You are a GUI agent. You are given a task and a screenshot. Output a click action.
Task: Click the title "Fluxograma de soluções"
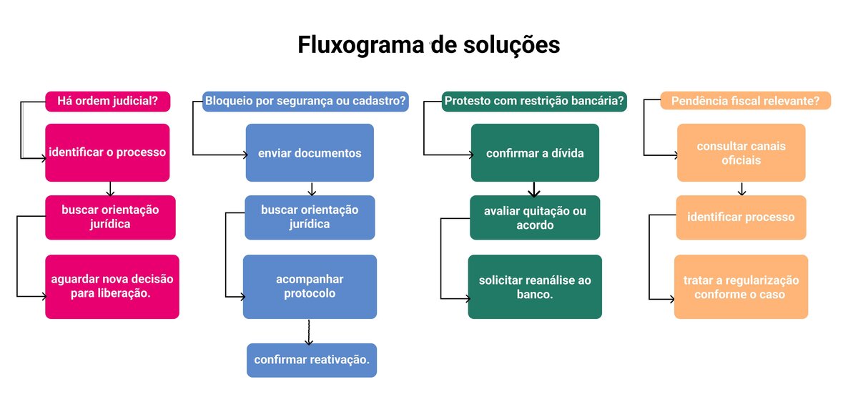pyautogui.click(x=429, y=45)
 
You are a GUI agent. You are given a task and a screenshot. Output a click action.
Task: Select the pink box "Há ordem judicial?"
pyautogui.click(x=108, y=102)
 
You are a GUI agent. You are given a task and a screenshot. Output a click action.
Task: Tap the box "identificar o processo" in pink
pyautogui.click(x=107, y=152)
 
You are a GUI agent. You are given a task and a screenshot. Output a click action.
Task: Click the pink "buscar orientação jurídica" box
pyautogui.click(x=110, y=217)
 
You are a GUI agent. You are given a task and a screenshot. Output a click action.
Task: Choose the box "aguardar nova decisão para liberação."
pyautogui.click(x=112, y=286)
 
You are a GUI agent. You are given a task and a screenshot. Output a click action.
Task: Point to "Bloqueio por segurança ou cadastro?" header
pyautogui.click(x=305, y=102)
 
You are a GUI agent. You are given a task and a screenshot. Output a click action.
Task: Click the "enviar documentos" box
pyautogui.click(x=310, y=152)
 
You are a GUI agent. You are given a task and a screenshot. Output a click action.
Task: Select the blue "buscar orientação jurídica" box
pyautogui.click(x=310, y=217)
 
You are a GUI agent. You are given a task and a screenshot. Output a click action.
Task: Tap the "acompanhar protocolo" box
pyautogui.click(x=310, y=286)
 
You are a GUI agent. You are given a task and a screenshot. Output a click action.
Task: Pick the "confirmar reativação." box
pyautogui.click(x=312, y=360)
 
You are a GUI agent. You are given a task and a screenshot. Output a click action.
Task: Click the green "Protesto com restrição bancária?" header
pyautogui.click(x=535, y=102)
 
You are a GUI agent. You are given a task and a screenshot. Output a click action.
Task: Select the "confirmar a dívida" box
pyautogui.click(x=535, y=152)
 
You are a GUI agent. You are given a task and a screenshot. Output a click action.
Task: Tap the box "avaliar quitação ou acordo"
pyautogui.click(x=535, y=217)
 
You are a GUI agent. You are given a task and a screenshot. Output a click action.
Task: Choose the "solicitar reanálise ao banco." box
pyautogui.click(x=535, y=286)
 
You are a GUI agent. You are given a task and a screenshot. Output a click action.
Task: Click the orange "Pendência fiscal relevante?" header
pyautogui.click(x=745, y=102)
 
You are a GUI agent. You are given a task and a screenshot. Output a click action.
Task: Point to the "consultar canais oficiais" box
pyautogui.click(x=741, y=152)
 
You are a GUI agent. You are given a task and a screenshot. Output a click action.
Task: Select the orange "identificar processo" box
pyautogui.click(x=741, y=217)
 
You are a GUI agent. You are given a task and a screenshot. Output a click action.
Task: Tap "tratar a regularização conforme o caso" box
pyautogui.click(x=741, y=286)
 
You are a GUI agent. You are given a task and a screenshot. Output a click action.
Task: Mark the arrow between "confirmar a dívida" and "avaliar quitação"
pyautogui.click(x=534, y=188)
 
